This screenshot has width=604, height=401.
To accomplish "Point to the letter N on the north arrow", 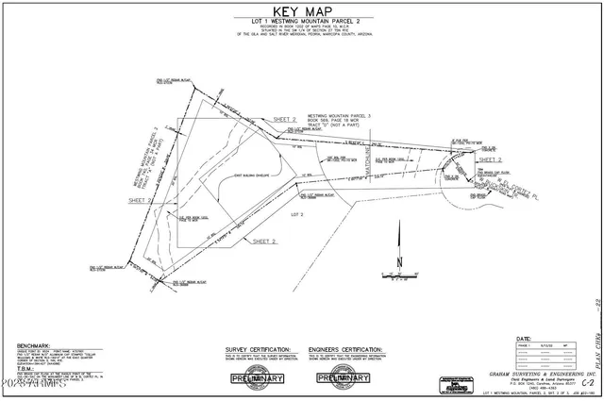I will (x=400, y=262).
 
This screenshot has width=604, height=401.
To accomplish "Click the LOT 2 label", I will (x=294, y=215).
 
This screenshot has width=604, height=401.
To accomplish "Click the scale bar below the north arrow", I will (x=399, y=280).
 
